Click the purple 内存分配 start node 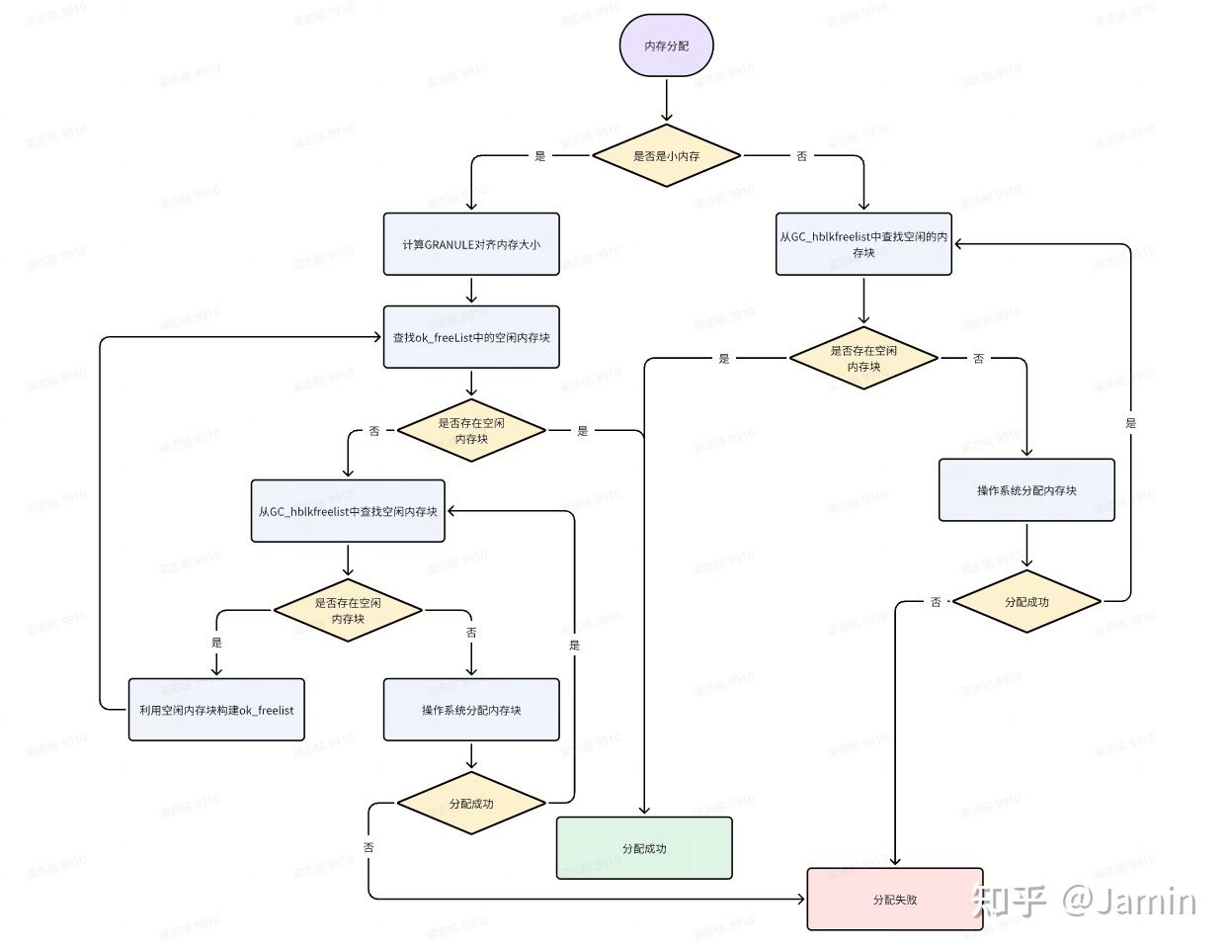point(667,46)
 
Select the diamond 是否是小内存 point(667,156)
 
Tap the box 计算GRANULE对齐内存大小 point(471,244)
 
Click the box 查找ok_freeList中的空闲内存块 point(471,337)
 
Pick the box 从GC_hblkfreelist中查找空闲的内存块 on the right point(863,244)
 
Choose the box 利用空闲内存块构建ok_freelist point(216,710)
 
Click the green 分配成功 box point(644,848)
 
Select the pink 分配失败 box point(895,900)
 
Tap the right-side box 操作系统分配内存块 point(1026,490)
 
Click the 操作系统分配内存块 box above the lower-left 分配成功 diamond point(471,710)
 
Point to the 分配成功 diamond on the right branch point(1026,601)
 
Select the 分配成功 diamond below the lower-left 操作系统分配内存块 point(471,804)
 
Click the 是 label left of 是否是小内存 point(539,156)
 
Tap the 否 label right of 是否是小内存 point(801,156)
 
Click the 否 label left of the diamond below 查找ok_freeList point(374,431)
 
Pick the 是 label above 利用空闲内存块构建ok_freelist point(216,643)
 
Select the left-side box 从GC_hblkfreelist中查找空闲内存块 point(348,511)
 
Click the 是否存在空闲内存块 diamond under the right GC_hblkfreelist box point(863,358)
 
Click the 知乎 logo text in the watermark point(1009,901)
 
